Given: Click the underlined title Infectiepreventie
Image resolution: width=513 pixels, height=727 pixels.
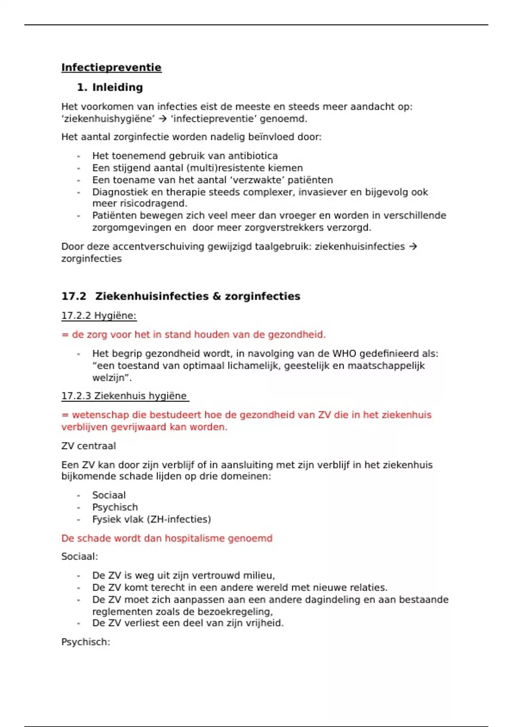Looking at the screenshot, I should pos(111,68).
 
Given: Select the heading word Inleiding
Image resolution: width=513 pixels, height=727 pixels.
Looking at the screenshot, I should pos(118,87).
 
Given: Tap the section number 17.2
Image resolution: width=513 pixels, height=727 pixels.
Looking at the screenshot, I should pos(74,296).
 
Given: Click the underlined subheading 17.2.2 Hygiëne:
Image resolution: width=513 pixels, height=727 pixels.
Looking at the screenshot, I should pos(99,316).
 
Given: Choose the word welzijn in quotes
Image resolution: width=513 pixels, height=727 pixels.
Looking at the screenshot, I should pos(110,378).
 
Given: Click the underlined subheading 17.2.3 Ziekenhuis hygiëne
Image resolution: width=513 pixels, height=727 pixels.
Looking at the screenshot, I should pos(124,396).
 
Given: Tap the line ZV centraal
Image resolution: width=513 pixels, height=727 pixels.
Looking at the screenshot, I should pos(88,446).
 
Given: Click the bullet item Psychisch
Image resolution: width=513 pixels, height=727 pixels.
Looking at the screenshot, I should pos(115,507).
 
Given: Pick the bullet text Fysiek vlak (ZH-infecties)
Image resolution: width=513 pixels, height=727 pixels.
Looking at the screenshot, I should pos(151,519).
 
